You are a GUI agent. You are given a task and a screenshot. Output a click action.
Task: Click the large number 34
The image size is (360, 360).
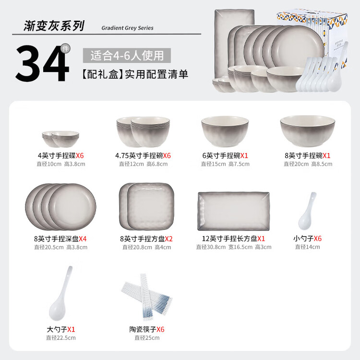tap(42, 63)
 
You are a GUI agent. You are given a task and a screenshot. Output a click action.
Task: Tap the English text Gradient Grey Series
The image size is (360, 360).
tap(127, 28)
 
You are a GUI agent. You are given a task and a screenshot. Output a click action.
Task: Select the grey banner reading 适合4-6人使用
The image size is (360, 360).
tap(127, 55)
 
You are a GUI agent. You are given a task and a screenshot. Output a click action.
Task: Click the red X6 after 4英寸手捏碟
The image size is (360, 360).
tap(80, 156)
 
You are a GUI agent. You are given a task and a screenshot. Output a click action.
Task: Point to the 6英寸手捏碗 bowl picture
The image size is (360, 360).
tap(225, 131)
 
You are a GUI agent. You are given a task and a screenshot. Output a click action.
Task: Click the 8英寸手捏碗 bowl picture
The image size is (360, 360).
tap(307, 131)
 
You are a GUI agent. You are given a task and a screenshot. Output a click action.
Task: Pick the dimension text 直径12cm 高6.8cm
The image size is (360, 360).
tap(143, 164)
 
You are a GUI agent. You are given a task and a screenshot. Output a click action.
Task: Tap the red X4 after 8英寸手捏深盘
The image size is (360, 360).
tap(83, 239)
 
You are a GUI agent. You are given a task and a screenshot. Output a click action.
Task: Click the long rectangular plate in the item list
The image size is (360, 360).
tap(233, 211)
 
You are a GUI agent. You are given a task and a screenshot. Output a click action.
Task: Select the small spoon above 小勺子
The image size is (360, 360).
tap(307, 211)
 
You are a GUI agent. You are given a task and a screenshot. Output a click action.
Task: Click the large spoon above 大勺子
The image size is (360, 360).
tap(60, 293)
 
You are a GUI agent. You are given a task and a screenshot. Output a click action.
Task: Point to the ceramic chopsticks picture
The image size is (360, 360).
tap(147, 297)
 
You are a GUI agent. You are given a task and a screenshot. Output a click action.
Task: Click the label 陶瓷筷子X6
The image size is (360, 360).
tap(147, 329)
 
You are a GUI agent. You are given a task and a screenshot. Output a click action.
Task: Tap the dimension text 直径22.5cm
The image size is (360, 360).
tap(61, 338)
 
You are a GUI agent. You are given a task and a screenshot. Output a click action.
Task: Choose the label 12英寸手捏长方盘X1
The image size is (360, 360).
tap(233, 239)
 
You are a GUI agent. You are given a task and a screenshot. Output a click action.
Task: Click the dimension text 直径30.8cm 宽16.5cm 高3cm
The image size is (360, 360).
tap(234, 247)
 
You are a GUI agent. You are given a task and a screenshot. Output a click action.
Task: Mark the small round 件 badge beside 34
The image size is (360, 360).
tap(65, 48)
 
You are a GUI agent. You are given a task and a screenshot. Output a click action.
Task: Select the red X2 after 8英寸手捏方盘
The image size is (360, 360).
tap(168, 239)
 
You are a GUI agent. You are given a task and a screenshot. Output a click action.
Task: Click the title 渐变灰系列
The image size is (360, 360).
tap(54, 26)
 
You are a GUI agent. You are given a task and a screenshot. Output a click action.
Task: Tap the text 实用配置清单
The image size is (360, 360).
tap(156, 74)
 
